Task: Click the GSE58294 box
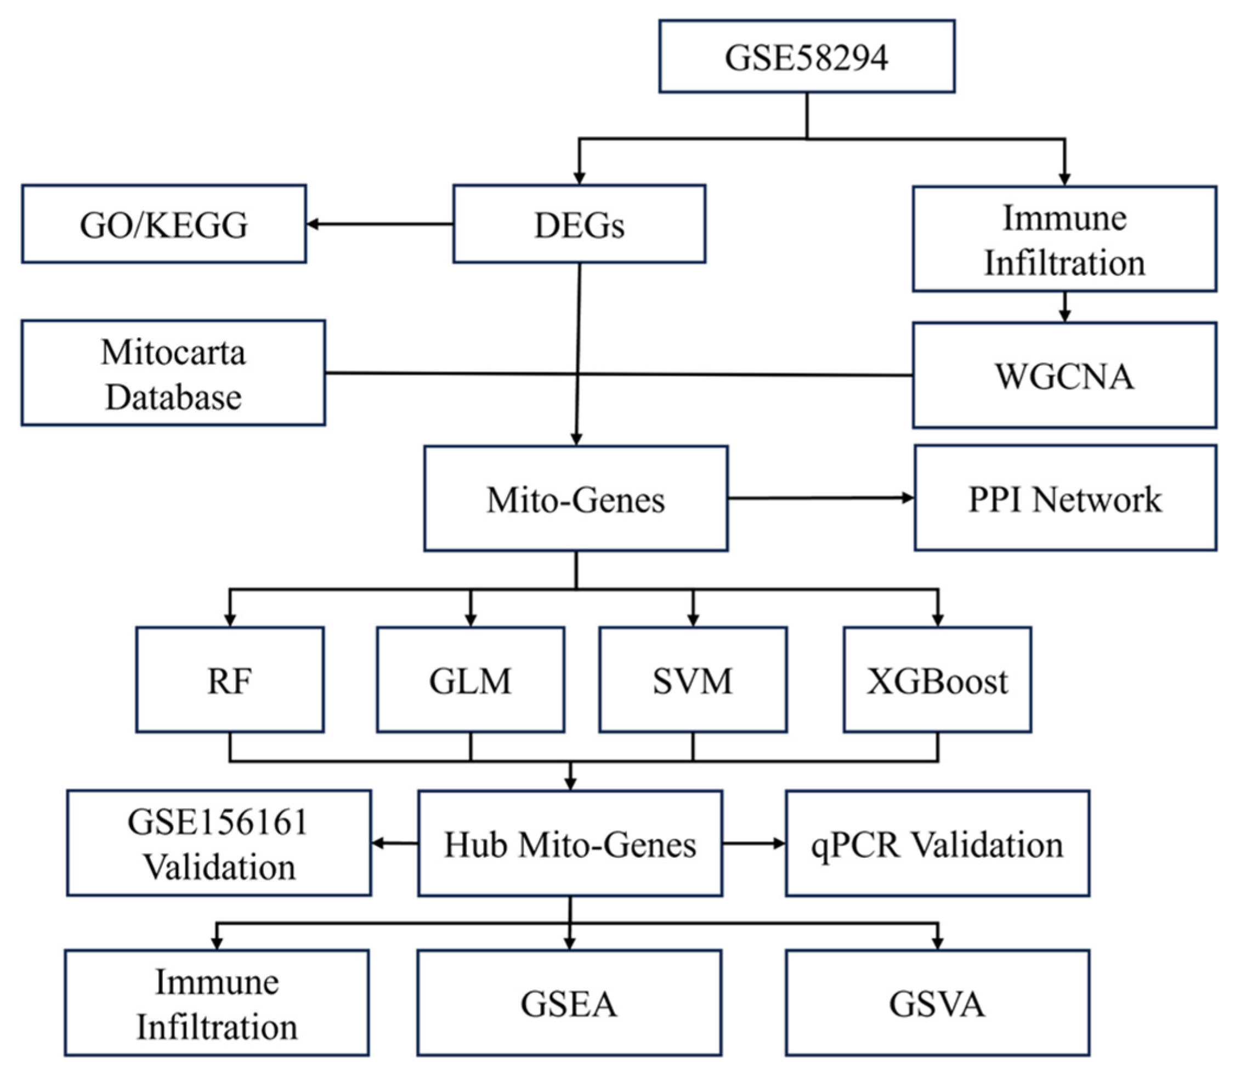coord(806,56)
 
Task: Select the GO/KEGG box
coord(164,224)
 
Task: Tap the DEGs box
coord(579,224)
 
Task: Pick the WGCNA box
coord(1064,375)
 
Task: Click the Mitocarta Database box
coord(173,372)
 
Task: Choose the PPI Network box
coord(1064,498)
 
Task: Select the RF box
coord(230,680)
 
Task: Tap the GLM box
coord(470,680)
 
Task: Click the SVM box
coord(693,680)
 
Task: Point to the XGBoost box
coord(937,680)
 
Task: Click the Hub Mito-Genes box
coord(570,843)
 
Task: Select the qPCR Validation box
coord(937,843)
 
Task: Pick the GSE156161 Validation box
coord(219,843)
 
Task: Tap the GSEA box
coord(569,1003)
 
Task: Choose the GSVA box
coord(937,1003)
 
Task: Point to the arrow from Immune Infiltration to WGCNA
coord(1064,307)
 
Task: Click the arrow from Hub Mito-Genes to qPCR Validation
coord(754,843)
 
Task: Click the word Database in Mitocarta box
coord(173,397)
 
